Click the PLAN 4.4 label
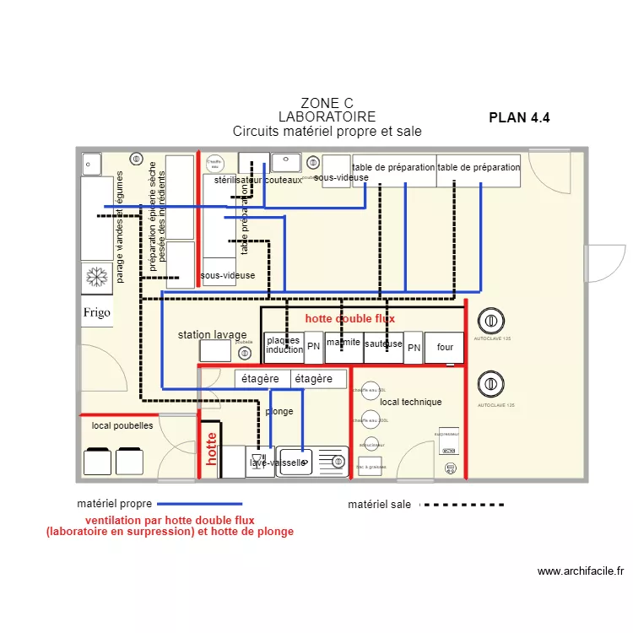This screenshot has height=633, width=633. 519,118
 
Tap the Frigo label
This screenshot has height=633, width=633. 97,313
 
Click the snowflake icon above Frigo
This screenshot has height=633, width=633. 97,277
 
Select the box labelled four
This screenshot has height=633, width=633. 445,347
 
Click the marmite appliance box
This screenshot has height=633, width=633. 344,344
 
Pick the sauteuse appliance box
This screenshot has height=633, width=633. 384,345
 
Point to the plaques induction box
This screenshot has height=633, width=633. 284,345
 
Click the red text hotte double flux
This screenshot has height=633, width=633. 349,318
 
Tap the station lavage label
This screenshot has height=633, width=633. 212,335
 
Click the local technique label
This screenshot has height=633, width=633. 410,402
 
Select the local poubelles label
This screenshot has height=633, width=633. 122,426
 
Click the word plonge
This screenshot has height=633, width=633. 279,412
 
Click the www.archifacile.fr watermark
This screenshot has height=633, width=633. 580,571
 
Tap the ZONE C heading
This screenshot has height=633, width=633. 327,104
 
